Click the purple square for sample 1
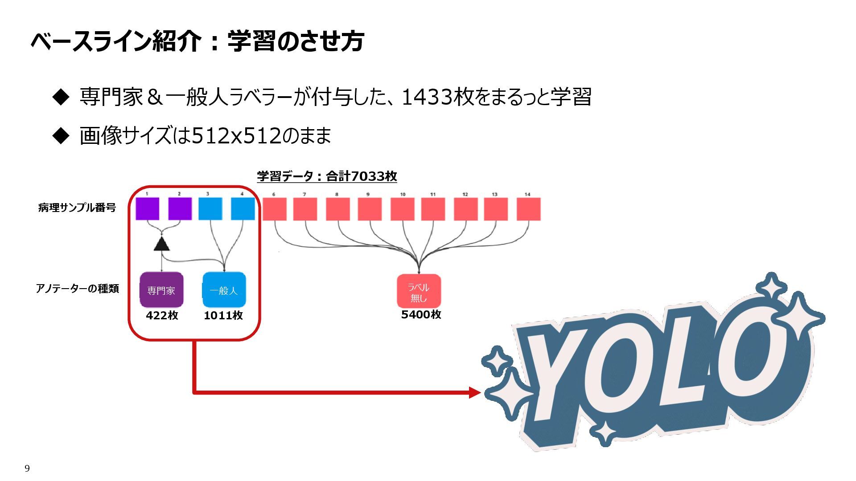pos(148,209)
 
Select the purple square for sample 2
pos(180,209)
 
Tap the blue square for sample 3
pos(210,209)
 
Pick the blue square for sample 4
pos(243,209)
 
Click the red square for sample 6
pos(275,209)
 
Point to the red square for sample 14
pos(529,209)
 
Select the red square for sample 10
pos(403,209)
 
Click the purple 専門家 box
pos(161,290)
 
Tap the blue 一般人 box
pos(224,290)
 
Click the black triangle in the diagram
pos(161,245)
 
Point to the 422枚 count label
pos(162,315)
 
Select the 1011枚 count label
pos(223,315)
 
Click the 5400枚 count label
pos(421,314)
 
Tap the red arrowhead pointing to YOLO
pos(475,392)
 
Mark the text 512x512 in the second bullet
pos(237,135)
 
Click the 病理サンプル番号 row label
pos(77,208)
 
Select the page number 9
pos(27,468)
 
